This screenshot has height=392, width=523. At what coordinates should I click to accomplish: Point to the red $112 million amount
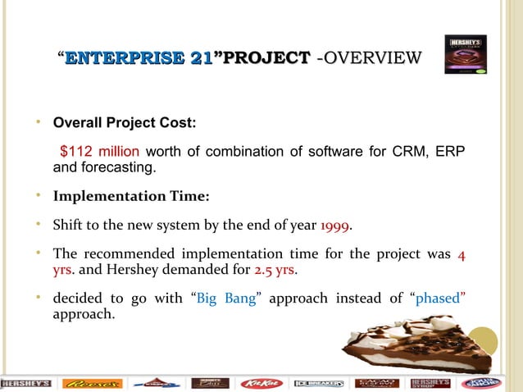pyautogui.click(x=100, y=152)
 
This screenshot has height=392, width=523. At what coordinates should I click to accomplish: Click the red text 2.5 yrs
pyautogui.click(x=273, y=269)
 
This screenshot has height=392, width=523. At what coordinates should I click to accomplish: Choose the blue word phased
pyautogui.click(x=441, y=298)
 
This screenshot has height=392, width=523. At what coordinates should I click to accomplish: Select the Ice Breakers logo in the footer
pyautogui.click(x=321, y=383)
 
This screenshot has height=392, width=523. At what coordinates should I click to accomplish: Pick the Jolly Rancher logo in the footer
pyautogui.click(x=484, y=383)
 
